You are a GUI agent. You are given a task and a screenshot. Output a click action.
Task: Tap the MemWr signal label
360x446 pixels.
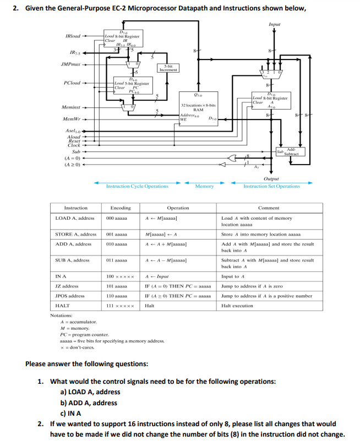point(72,119)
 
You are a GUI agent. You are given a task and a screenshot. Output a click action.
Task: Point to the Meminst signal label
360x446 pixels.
point(72,107)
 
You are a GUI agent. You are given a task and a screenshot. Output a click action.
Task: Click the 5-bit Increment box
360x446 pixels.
point(168,68)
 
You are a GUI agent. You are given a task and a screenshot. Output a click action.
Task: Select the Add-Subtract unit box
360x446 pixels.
point(288,151)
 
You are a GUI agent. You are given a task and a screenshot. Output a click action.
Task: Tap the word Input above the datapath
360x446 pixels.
point(274,25)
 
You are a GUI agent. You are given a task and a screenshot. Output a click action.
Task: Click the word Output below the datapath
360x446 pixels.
point(271,178)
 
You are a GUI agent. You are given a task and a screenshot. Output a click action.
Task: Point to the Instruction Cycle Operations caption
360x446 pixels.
point(137,187)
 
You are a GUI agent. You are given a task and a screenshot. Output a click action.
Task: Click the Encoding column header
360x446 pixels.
point(121,208)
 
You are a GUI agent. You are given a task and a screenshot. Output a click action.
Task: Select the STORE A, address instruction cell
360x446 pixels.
point(76,234)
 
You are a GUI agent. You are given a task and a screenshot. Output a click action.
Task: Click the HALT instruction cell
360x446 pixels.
point(63,305)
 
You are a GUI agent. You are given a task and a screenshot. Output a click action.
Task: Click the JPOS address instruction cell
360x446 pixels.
point(70,296)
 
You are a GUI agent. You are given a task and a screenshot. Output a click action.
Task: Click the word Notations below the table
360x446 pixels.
point(62,316)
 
